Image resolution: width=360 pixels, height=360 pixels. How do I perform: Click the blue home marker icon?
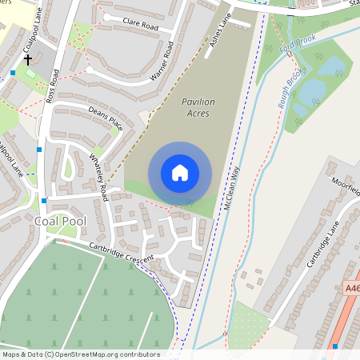click(x=180, y=172)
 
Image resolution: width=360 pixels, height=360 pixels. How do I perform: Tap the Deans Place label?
click(x=106, y=119)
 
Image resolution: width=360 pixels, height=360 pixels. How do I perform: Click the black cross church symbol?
click(x=27, y=59)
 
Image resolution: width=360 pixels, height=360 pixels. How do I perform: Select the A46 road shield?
click(x=351, y=287)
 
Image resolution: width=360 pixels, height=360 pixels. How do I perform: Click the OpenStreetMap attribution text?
click(x=80, y=354)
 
